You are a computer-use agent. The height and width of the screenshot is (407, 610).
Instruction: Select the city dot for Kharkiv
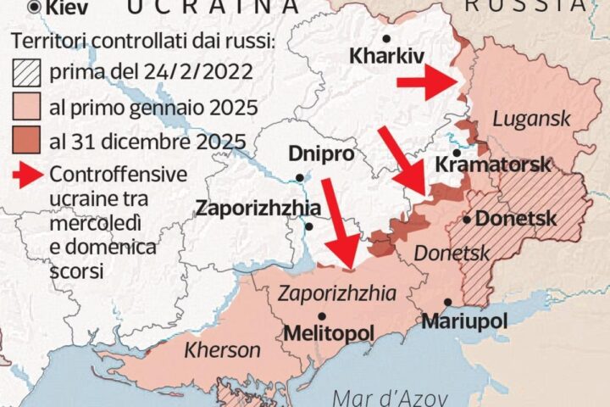point(386,38)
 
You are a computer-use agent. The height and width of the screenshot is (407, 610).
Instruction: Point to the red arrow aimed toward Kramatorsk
point(402,162)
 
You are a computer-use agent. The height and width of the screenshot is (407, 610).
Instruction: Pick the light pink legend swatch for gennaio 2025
point(27,108)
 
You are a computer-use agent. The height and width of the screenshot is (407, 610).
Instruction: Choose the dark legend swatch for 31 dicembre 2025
point(27,141)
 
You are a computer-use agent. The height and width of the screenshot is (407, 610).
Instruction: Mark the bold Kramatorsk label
point(492,164)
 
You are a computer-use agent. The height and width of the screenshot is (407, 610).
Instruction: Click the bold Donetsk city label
point(516,219)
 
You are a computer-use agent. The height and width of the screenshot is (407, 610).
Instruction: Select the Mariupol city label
point(463,321)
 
